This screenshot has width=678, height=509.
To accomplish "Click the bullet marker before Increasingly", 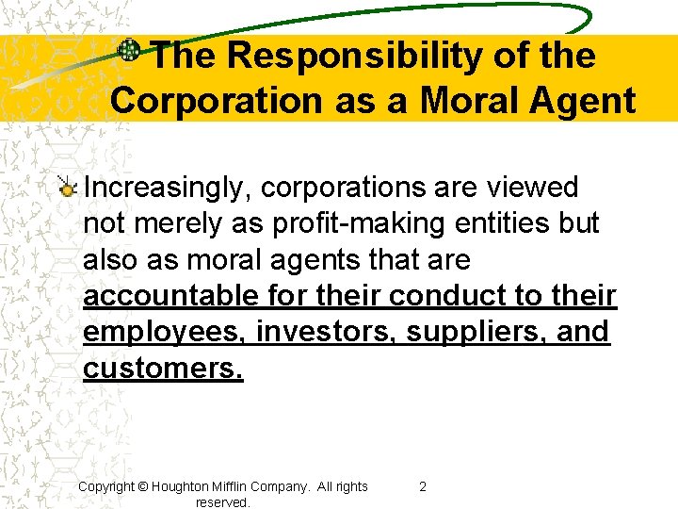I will [x=67, y=189].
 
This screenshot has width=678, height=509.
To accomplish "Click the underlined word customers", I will [x=163, y=369].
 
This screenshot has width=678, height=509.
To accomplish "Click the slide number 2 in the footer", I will [x=422, y=486].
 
